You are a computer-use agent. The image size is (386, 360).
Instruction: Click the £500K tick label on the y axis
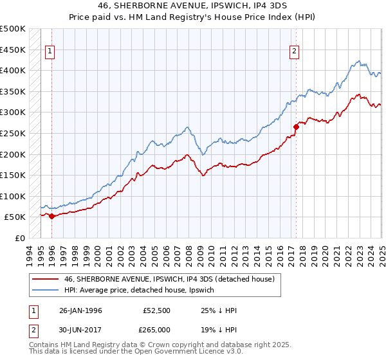tap(14, 29)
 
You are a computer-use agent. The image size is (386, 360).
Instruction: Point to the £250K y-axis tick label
tap(14, 133)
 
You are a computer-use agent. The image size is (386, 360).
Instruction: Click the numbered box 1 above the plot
tap(50, 53)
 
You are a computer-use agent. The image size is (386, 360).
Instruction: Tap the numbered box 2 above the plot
tap(294, 53)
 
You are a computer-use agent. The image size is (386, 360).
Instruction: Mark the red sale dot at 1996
tap(51, 216)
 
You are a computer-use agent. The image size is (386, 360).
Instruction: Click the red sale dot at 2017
tap(296, 127)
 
